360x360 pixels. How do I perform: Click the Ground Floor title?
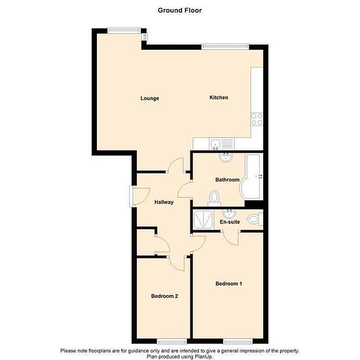[179, 10]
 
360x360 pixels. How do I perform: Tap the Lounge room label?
[150, 98]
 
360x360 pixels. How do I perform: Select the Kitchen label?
[219, 98]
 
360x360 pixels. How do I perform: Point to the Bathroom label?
[227, 179]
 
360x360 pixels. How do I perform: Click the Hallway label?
[164, 202]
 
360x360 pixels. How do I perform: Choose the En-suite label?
[230, 222]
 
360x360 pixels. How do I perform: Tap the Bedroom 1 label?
[228, 283]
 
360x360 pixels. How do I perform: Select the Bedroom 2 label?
[164, 296]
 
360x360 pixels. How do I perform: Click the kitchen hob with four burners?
[257, 119]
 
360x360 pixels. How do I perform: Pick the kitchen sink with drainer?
[222, 144]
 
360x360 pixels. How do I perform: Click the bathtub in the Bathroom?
[251, 176]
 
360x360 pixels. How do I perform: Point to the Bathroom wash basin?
[226, 158]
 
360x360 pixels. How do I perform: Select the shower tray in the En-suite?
[204, 220]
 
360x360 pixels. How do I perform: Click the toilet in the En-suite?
[255, 219]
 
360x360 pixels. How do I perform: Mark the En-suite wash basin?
[229, 214]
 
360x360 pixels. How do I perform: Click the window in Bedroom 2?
[172, 342]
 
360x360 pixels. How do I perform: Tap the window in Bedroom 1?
[238, 342]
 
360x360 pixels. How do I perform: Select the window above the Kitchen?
[225, 46]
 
